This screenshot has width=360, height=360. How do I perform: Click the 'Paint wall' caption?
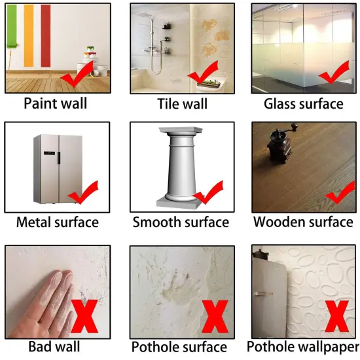point(55,103)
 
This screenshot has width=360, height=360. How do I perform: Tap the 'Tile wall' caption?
point(182,103)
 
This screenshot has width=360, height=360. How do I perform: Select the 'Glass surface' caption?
point(303,103)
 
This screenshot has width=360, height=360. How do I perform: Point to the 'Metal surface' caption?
point(58,222)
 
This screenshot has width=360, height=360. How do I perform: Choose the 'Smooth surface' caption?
point(181,222)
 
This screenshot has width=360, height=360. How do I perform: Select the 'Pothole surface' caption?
point(179,346)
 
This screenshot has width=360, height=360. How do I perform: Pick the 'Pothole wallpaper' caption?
point(303,346)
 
